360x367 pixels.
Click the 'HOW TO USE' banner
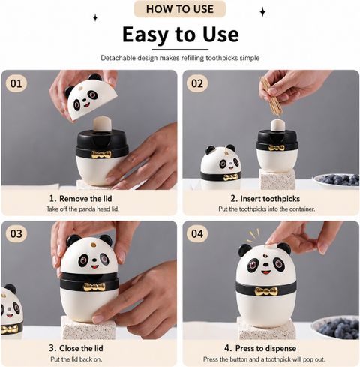coord(180,9)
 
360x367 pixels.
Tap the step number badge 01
coord(16,83)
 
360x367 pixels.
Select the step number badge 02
coord(197,83)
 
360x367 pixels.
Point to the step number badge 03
coord(16,234)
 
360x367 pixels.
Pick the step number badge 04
coord(197,234)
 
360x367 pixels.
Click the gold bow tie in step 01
coord(100,155)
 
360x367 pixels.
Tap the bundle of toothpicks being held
coord(271,96)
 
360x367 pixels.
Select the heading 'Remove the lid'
coord(85,199)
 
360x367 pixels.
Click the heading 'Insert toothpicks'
coord(270,199)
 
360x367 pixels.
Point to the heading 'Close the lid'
coord(81,348)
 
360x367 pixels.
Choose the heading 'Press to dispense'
coord(265,348)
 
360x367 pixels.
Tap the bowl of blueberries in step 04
coord(336,327)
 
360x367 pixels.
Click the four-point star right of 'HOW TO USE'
coord(262,12)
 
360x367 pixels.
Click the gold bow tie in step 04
coord(266,291)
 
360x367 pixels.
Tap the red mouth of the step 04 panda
coord(265,272)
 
